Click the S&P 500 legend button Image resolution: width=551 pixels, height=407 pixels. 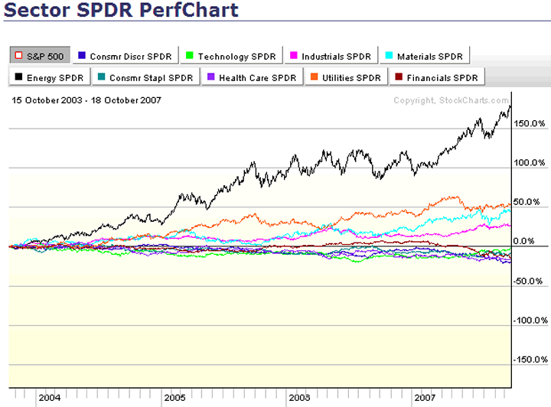[41, 56]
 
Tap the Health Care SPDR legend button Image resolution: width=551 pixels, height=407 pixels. [251, 77]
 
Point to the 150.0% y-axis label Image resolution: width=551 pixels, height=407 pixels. [530, 123]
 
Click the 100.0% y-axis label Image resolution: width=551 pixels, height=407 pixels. [530, 163]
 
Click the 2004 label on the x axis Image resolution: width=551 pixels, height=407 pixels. [50, 399]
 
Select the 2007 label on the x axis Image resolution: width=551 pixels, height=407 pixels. [425, 399]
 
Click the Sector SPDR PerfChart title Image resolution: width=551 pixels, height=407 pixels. [119, 11]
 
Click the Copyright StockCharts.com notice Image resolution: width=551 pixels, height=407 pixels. [451, 100]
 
